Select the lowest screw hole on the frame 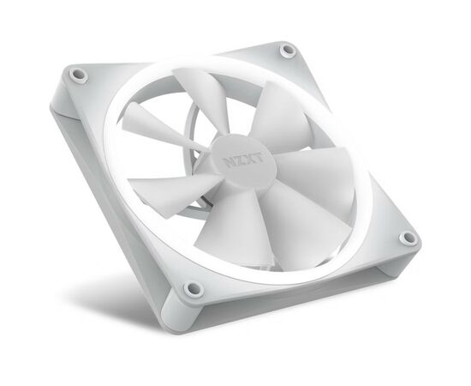click(193, 288)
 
